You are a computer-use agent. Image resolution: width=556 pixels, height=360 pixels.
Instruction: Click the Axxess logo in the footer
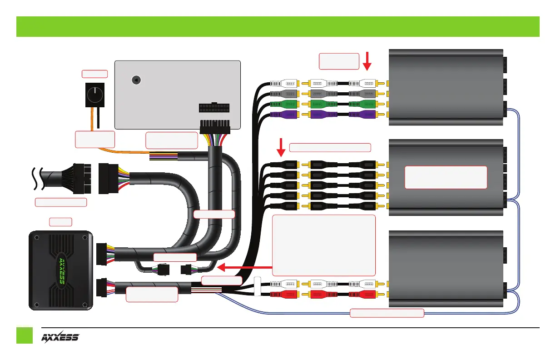pos(61,338)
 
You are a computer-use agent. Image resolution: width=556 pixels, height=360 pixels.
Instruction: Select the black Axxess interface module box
pos(61,271)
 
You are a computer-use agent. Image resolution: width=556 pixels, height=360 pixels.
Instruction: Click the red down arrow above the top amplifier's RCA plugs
pos(367,61)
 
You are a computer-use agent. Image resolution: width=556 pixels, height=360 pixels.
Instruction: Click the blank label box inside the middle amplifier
pos(446,177)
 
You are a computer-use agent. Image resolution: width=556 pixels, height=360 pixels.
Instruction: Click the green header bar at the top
pos(278,26)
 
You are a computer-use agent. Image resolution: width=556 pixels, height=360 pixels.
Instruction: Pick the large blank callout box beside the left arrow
pos(324,245)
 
